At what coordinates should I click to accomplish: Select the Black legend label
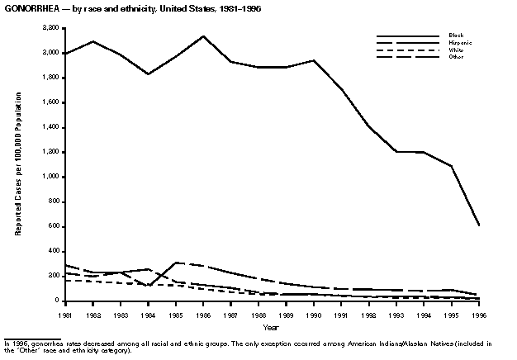pos(456,36)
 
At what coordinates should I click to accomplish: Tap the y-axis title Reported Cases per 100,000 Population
pos(18,165)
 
